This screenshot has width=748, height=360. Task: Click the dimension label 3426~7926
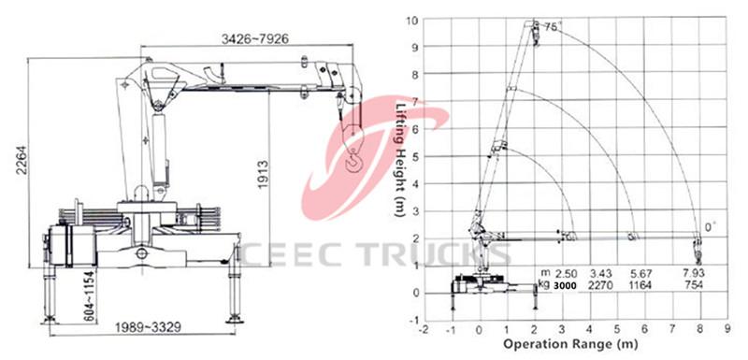[x=255, y=38]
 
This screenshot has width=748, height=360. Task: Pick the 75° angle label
[x=553, y=28]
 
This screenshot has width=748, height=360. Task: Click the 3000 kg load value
[x=565, y=284]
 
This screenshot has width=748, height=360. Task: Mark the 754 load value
[x=694, y=284]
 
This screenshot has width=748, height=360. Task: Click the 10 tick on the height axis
[x=411, y=18]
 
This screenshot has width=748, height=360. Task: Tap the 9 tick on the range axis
[x=727, y=329]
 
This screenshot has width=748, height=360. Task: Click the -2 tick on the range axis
[x=424, y=329]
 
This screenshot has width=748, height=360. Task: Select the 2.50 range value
[x=566, y=272]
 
